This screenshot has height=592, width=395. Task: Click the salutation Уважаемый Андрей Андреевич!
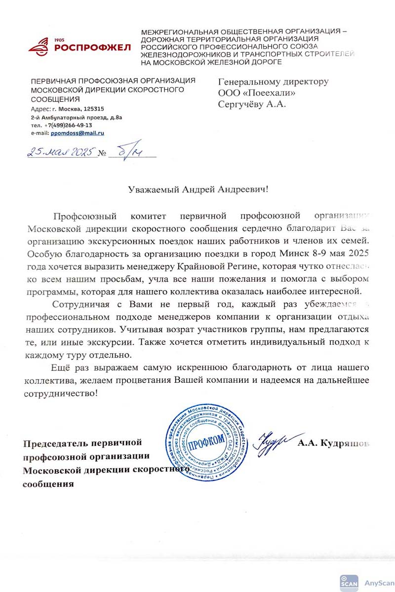[198, 189]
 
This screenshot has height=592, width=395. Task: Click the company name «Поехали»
[267, 93]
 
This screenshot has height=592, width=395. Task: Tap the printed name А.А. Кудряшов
[333, 444]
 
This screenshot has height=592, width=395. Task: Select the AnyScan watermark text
[379, 583]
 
